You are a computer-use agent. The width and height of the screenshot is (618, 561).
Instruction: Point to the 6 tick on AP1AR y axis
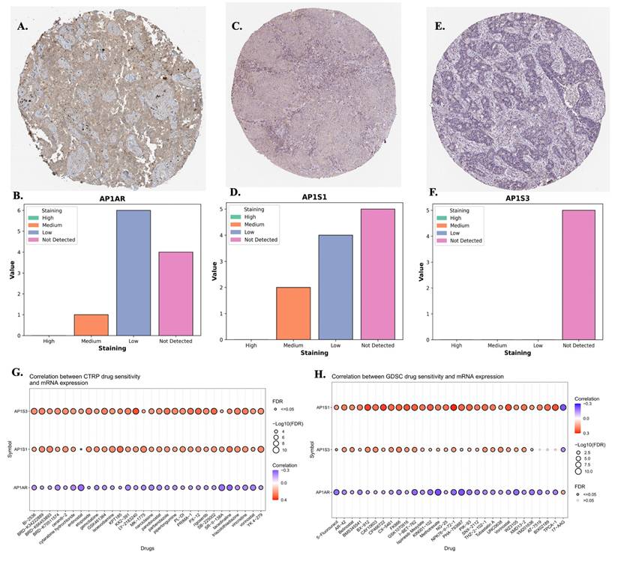click(x=41, y=210)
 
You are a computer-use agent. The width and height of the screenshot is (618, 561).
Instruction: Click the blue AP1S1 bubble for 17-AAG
click(x=563, y=407)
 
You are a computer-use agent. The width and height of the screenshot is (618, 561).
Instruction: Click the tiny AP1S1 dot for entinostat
click(x=80, y=449)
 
